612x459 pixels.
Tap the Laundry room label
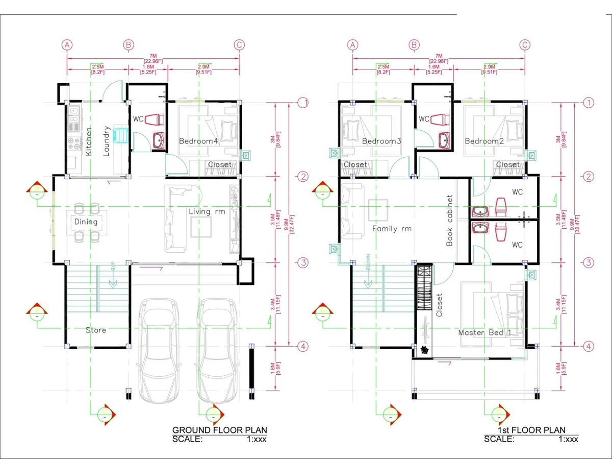[x=107, y=141]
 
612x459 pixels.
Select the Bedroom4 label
[x=198, y=141]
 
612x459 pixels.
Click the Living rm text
[x=207, y=211]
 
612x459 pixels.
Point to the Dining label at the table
[x=86, y=222]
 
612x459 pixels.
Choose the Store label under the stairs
[x=96, y=330]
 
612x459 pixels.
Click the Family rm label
[x=391, y=229]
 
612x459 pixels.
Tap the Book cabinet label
[x=449, y=220]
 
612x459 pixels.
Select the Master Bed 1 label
[x=484, y=333]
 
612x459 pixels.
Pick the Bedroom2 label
[x=484, y=141]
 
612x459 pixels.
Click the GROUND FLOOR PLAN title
[x=219, y=430]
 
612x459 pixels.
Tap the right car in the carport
[x=218, y=347]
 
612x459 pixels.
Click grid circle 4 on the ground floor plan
[x=303, y=346]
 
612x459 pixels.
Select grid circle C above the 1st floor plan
[x=525, y=45]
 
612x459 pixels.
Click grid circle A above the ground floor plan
[x=66, y=45]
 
